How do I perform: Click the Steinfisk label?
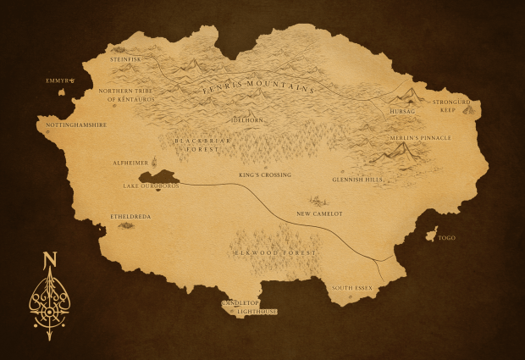coord(125,59)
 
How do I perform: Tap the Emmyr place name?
coord(59,80)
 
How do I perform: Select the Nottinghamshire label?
coord(76,124)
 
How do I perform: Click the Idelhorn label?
coord(247,120)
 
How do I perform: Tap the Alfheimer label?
coord(130,163)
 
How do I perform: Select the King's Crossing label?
coord(264,175)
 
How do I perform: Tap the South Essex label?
coord(351,288)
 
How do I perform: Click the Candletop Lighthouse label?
coord(249,307)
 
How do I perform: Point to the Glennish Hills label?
coord(357,180)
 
